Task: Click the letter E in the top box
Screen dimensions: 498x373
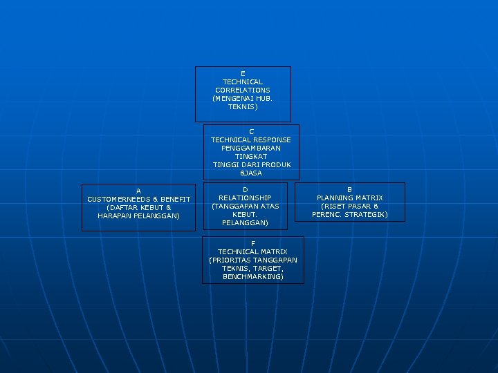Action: point(243,73)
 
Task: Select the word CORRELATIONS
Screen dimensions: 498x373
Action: point(243,90)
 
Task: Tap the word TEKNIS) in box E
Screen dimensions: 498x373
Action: point(243,107)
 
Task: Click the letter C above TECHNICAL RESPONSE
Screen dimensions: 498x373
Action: point(251,131)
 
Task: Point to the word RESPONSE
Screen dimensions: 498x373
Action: point(273,140)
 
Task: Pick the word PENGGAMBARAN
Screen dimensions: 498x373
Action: point(251,148)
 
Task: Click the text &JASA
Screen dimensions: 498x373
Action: point(251,173)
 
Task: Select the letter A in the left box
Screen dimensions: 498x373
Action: point(138,191)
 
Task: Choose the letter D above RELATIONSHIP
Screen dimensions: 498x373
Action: point(245,189)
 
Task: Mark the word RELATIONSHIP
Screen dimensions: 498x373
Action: point(245,198)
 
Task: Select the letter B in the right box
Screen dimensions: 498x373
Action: point(349,189)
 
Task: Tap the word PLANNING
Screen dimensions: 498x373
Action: point(334,198)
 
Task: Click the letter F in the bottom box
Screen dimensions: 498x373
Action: point(252,243)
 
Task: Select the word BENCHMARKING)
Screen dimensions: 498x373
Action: point(252,276)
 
